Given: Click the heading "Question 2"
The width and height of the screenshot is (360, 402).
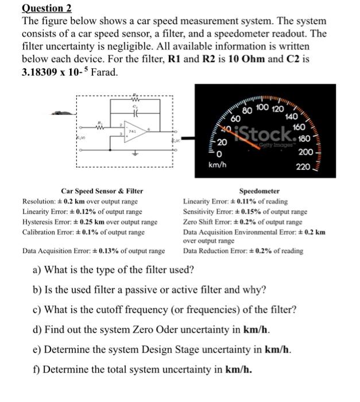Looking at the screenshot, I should tap(47, 8).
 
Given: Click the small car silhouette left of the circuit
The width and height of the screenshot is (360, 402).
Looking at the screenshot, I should tap(60, 113).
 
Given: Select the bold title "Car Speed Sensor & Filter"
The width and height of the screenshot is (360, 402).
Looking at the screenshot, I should tap(102, 191).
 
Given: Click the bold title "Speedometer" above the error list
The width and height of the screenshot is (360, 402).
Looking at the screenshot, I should tap(259, 191).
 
